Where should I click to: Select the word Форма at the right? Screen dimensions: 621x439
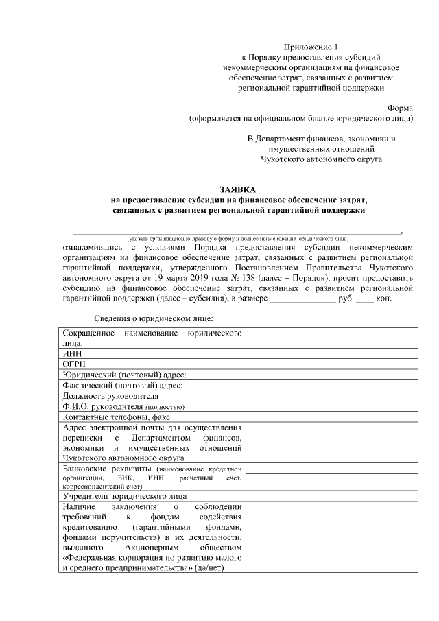(x=401, y=108)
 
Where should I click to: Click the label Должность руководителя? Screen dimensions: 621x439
(x=110, y=396)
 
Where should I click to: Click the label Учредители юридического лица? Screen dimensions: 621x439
(x=124, y=495)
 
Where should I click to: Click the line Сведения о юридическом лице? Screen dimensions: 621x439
(x=154, y=318)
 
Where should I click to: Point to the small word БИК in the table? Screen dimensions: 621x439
(x=126, y=477)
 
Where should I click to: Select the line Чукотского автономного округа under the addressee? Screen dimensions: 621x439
(x=321, y=159)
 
